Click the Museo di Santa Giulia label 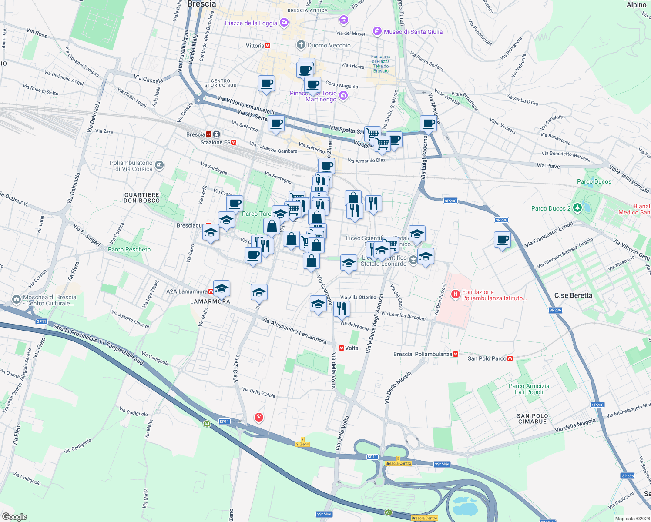[x=413, y=32]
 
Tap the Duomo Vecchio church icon [x=301, y=45]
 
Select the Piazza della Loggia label [x=251, y=23]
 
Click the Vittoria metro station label [x=255, y=46]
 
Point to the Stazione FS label [x=215, y=142]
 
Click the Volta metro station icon [x=342, y=348]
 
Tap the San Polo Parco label [x=487, y=358]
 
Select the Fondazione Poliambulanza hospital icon [x=455, y=294]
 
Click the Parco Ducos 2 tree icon [x=577, y=208]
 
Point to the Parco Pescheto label [x=129, y=249]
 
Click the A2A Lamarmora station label [x=187, y=291]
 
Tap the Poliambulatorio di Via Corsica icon [x=159, y=165]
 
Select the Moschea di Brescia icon [x=16, y=299]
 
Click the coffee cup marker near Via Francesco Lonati [x=503, y=240]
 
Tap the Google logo [x=15, y=517]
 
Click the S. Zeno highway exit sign [x=302, y=444]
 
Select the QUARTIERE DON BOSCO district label [x=142, y=198]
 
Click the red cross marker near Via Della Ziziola [x=259, y=418]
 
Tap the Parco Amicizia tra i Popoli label [x=529, y=389]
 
